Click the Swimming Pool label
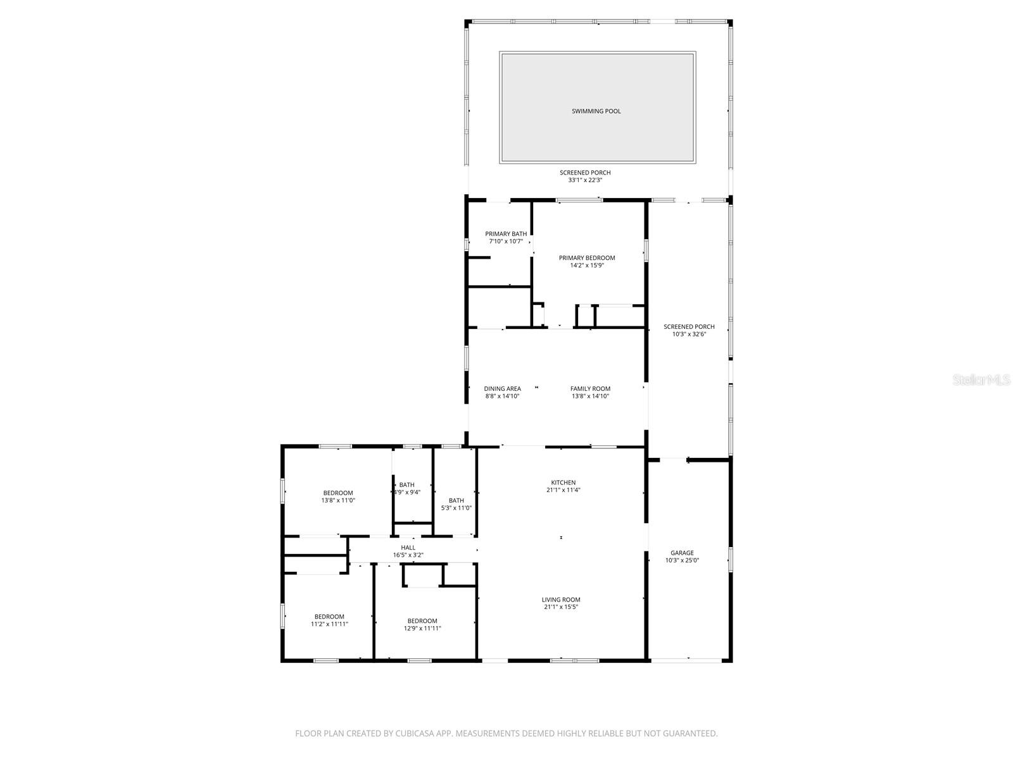tap(596, 111)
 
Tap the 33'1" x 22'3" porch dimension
tap(585, 180)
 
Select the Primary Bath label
tap(506, 234)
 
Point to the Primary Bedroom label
tap(587, 258)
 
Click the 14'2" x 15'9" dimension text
tap(587, 266)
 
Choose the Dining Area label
tap(503, 389)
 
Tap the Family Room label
tap(590, 389)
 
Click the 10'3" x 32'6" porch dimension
tap(689, 335)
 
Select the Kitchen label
tap(563, 483)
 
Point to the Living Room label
tap(561, 600)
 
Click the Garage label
tap(683, 553)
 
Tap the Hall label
tap(408, 548)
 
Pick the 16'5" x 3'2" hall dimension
tap(408, 555)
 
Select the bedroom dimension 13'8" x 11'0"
tap(338, 500)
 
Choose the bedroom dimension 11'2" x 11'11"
tap(329, 624)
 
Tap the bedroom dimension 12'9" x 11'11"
tap(422, 629)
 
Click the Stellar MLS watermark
tap(982, 380)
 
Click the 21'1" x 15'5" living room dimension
tap(561, 607)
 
